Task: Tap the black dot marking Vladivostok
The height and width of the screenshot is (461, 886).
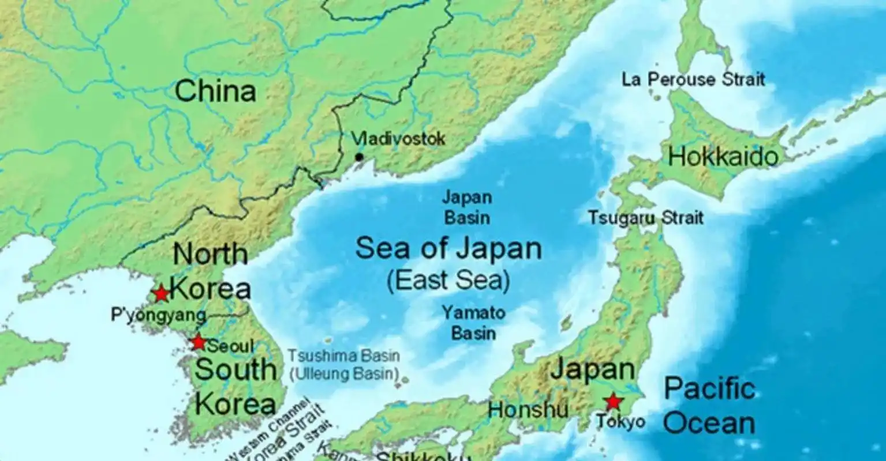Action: coord(359,157)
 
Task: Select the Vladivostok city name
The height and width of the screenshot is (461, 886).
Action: coord(399,139)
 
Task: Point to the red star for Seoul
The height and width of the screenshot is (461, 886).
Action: coord(198,342)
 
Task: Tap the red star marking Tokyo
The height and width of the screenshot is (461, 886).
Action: coord(612,401)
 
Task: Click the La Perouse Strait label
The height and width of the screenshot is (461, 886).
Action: coord(693,80)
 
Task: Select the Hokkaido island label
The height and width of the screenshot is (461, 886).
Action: coord(723,157)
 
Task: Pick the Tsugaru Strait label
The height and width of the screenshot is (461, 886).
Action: coord(646,218)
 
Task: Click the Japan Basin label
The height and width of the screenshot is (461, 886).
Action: coord(466,207)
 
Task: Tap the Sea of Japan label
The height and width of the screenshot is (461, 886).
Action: coord(448,249)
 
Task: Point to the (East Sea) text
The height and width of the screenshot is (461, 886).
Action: coord(448,281)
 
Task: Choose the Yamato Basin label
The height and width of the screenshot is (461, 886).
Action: coord(473,323)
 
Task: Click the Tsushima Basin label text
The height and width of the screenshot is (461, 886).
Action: coord(344,356)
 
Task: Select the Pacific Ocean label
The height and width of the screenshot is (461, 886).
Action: coord(709,406)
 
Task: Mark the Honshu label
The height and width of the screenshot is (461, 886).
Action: coord(528,410)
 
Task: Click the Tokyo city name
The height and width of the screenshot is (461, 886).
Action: coord(620,422)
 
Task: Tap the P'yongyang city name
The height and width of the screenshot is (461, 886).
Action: coord(158,315)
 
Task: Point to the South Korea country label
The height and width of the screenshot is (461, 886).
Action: coord(235,386)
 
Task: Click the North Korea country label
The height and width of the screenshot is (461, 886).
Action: coord(211,271)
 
